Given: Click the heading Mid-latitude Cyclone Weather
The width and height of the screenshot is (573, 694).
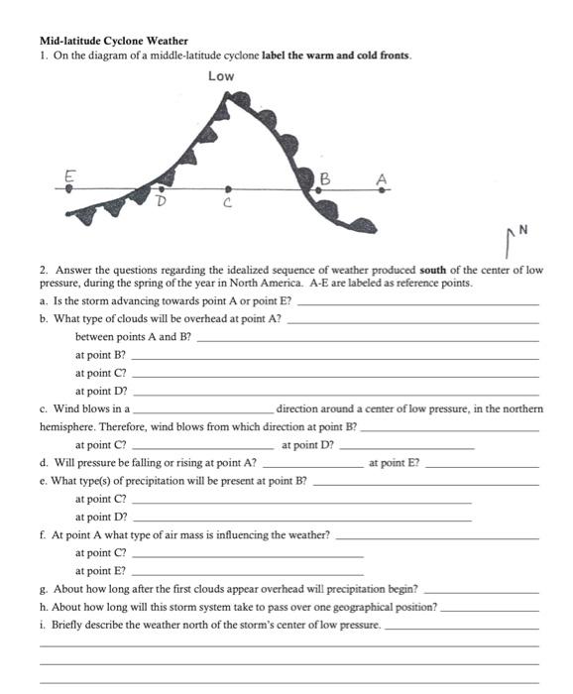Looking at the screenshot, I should pyautogui.click(x=113, y=42).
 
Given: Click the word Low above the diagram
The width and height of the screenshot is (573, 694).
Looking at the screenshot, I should pyautogui.click(x=222, y=76).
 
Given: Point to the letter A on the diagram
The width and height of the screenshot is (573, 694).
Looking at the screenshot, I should pyautogui.click(x=381, y=177).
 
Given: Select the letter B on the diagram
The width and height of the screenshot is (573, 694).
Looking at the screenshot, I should pyautogui.click(x=323, y=177).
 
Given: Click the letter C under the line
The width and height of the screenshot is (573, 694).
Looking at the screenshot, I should pyautogui.click(x=228, y=204).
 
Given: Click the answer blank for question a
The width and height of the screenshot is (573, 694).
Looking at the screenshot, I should pyautogui.click(x=418, y=302).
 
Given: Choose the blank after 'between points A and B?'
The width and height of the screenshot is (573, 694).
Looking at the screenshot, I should pyautogui.click(x=369, y=338).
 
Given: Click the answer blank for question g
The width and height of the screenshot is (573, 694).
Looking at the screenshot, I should pyautogui.click(x=480, y=590).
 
